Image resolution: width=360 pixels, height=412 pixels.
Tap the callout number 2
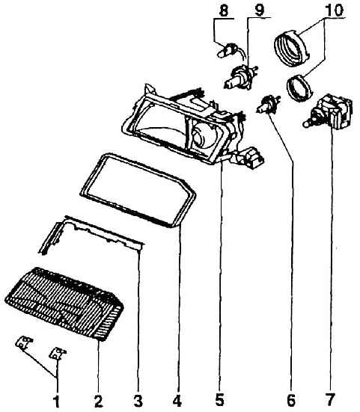click(98, 401)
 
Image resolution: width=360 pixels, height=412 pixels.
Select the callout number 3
click(138, 401)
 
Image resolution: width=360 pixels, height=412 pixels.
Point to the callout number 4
click(177, 401)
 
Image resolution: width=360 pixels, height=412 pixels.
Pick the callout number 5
click(220, 400)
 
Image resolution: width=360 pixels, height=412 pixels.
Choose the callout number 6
click(291, 400)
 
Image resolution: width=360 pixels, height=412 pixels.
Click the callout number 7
click(330, 400)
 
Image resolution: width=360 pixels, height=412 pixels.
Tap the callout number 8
click(224, 11)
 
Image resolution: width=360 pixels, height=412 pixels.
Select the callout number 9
click(260, 10)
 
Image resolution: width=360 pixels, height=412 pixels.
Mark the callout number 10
click(335, 10)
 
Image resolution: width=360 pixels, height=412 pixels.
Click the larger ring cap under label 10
click(291, 48)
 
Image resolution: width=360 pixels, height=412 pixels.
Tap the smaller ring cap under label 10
click(300, 88)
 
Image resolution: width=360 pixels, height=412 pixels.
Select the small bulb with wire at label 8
click(231, 50)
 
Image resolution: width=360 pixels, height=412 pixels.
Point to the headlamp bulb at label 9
click(240, 76)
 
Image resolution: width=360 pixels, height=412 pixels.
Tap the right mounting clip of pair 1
click(58, 353)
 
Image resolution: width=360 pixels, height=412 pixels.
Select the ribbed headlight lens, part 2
click(64, 304)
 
